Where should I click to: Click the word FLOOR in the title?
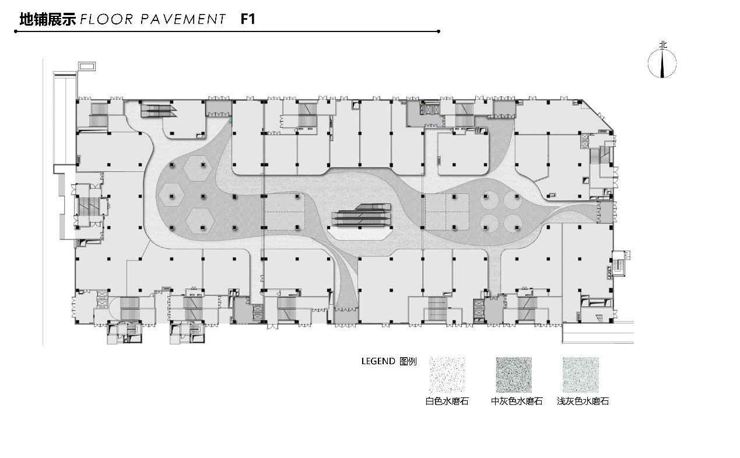pyautogui.click(x=106, y=19)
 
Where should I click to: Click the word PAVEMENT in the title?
pyautogui.click(x=183, y=19)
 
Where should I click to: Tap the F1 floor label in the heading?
pyautogui.click(x=248, y=19)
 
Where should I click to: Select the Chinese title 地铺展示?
pyautogui.click(x=48, y=19)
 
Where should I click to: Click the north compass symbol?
pyautogui.click(x=662, y=64)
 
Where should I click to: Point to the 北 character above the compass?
pyautogui.click(x=662, y=45)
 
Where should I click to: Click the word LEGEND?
pyautogui.click(x=378, y=361)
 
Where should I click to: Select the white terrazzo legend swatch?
pyautogui.click(x=447, y=375)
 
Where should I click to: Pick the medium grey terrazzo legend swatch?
pyautogui.click(x=514, y=375)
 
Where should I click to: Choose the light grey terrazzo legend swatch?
pyautogui.click(x=580, y=375)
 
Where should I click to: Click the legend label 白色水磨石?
pyautogui.click(x=447, y=401)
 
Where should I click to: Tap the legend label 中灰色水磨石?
pyautogui.click(x=517, y=401)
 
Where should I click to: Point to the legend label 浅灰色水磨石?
pyautogui.click(x=583, y=401)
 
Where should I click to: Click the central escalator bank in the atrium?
pyautogui.click(x=362, y=215)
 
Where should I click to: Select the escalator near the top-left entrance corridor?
pyautogui.click(x=159, y=111)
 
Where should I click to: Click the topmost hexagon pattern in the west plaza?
pyautogui.click(x=198, y=167)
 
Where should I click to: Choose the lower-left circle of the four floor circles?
pyautogui.click(x=489, y=223)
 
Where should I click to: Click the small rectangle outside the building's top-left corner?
pyautogui.click(x=87, y=66)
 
